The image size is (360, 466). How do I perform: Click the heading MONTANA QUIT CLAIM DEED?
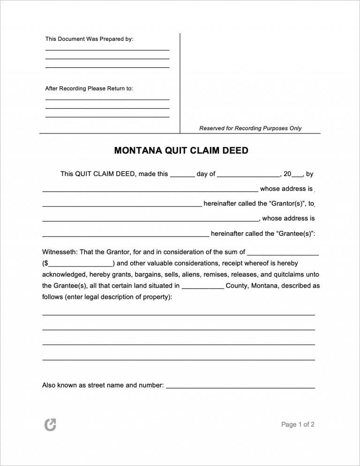tap(181, 151)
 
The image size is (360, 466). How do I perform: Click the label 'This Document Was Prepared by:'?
tap(89, 39)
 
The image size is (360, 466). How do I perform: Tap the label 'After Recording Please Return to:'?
tap(89, 88)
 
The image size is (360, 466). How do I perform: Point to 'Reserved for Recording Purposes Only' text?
tap(250, 128)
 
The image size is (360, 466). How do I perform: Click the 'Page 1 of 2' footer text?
tap(298, 425)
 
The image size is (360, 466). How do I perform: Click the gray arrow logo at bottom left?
tap(50, 425)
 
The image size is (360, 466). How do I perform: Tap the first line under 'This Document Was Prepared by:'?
tap(107, 49)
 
